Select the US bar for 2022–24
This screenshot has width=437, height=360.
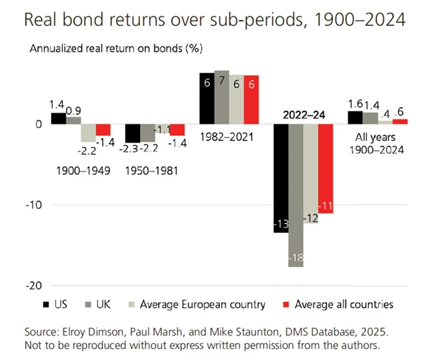coord(281,178)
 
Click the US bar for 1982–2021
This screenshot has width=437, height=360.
coord(206,98)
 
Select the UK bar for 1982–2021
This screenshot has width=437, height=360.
coord(221,97)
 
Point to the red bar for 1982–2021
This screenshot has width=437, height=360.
coord(251,100)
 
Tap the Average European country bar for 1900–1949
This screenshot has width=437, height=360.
coord(88,133)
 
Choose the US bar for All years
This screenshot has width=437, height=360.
coord(355,117)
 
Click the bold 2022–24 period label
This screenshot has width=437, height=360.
coord(303,115)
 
